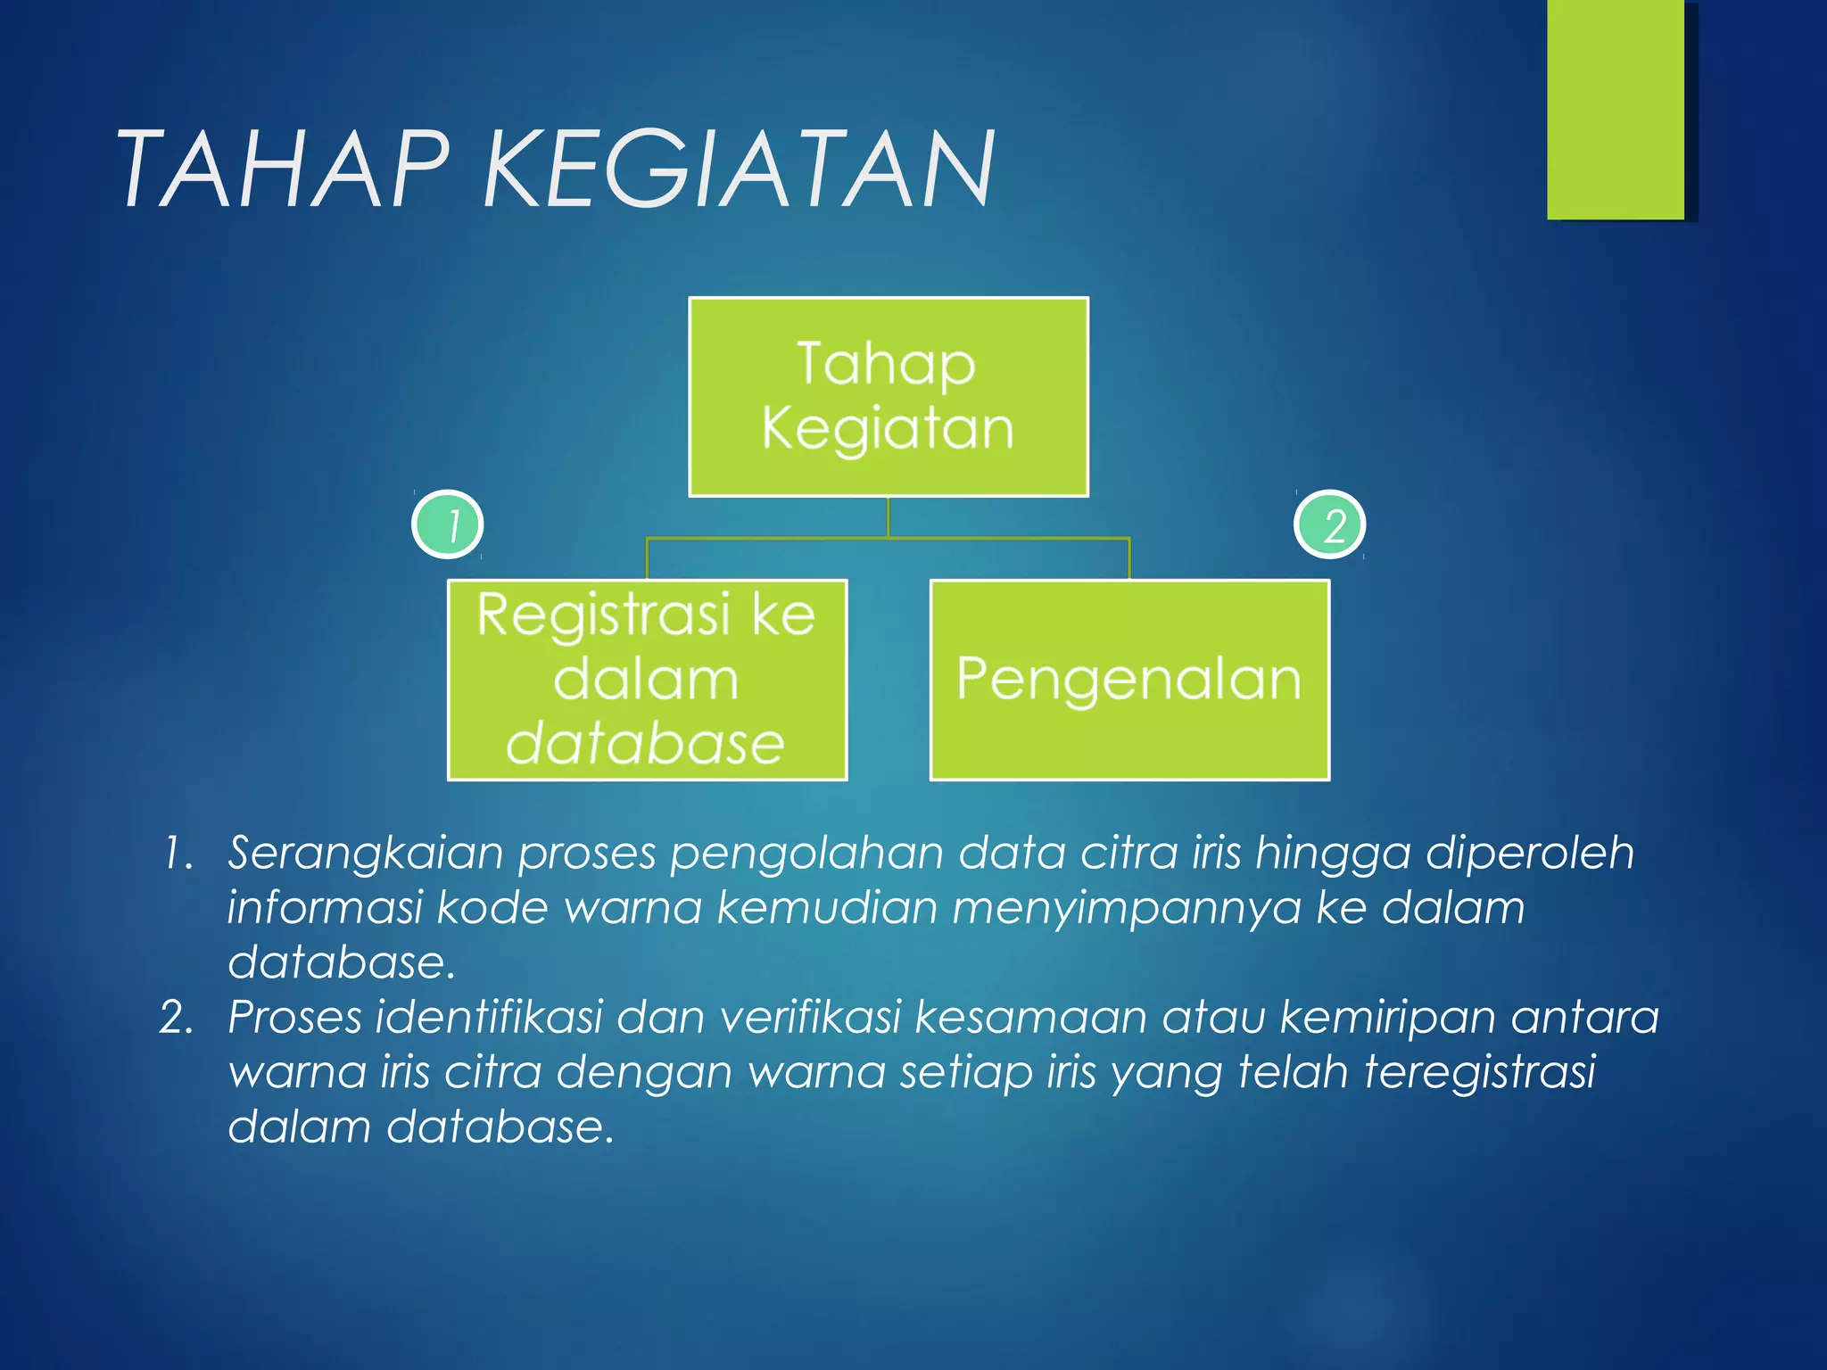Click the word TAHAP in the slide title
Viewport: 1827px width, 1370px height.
pyautogui.click(x=284, y=169)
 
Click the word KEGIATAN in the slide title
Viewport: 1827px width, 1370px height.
pyautogui.click(x=739, y=169)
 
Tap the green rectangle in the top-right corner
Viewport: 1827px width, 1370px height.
pyautogui.click(x=1616, y=109)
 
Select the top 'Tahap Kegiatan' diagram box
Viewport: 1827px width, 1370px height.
pyautogui.click(x=889, y=397)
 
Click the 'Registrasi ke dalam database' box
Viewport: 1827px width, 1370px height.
pyautogui.click(x=647, y=680)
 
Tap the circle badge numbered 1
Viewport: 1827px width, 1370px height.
pyautogui.click(x=448, y=524)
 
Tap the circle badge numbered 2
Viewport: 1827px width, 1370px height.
pyautogui.click(x=1329, y=524)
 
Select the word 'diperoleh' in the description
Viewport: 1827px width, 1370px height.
pyautogui.click(x=1530, y=854)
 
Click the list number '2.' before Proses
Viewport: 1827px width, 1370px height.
pyautogui.click(x=177, y=1018)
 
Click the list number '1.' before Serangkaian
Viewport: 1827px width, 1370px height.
pyautogui.click(x=178, y=854)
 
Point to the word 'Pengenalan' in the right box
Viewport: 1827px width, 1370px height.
pyautogui.click(x=1129, y=680)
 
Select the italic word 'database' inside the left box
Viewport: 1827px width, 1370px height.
pyautogui.click(x=645, y=743)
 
